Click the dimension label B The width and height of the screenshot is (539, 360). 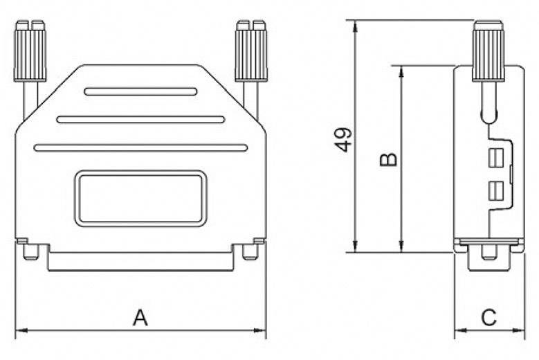(x=389, y=159)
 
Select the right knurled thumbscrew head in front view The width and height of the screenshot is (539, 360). (x=251, y=51)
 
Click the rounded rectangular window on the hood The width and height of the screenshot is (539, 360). (x=140, y=198)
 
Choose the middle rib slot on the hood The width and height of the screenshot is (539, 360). (x=140, y=119)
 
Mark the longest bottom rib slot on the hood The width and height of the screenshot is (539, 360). (x=140, y=147)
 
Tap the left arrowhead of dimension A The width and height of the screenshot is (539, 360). (x=19, y=330)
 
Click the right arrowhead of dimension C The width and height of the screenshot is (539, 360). (x=520, y=330)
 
